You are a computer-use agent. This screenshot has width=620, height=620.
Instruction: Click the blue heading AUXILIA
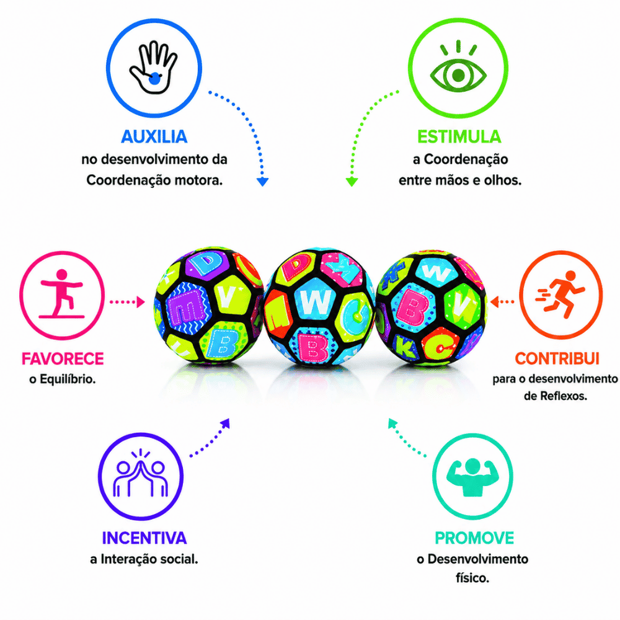[154, 137]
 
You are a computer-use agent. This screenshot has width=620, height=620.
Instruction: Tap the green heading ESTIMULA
[459, 137]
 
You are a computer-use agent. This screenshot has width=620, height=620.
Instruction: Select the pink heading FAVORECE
[63, 358]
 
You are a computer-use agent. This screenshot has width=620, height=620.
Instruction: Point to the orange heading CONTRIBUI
[557, 358]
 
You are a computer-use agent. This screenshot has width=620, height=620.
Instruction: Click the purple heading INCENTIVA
[144, 538]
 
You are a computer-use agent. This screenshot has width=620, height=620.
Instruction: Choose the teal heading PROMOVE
[474, 538]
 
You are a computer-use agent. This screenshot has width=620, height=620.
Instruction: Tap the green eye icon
[458, 66]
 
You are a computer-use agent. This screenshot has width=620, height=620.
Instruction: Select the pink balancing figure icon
[61, 294]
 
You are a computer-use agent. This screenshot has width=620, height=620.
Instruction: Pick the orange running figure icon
[560, 294]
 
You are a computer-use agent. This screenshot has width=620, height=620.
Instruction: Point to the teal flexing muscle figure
[472, 477]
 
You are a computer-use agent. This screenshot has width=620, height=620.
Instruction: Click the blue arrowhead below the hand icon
[262, 182]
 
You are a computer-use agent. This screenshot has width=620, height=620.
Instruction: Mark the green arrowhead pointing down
[352, 182]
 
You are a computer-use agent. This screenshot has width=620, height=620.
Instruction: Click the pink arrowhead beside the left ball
[141, 302]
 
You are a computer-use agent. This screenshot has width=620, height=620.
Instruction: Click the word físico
[472, 578]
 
